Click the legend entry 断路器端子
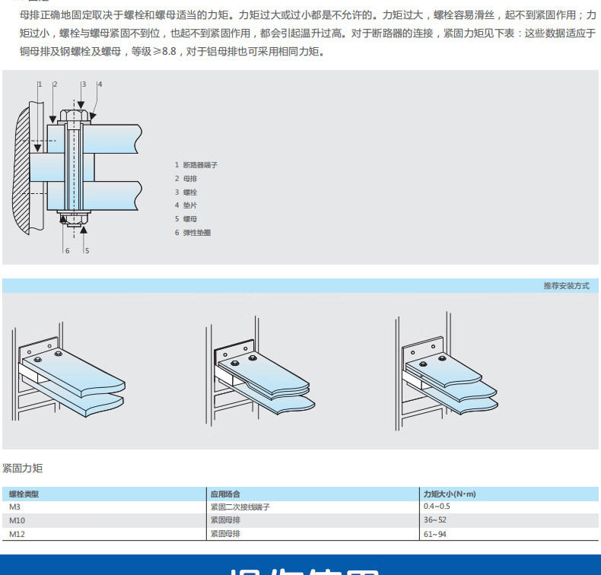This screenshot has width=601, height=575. tap(200, 164)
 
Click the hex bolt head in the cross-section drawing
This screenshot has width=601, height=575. tap(75, 116)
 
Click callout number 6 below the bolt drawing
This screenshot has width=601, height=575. tap(66, 250)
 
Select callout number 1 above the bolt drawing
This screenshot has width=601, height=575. tap(40, 84)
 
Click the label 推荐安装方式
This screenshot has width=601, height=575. tap(566, 286)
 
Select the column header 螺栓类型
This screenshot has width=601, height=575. tap(24, 494)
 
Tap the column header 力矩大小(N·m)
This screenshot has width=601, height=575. tap(450, 494)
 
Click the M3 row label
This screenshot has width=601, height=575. tap(14, 507)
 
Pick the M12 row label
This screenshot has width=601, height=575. tap(16, 534)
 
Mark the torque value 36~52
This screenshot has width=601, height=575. tap(435, 520)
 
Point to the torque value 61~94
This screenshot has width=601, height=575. tap(435, 534)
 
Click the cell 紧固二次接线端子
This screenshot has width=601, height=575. tap(240, 507)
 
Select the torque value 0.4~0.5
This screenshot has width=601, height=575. tap(437, 507)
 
